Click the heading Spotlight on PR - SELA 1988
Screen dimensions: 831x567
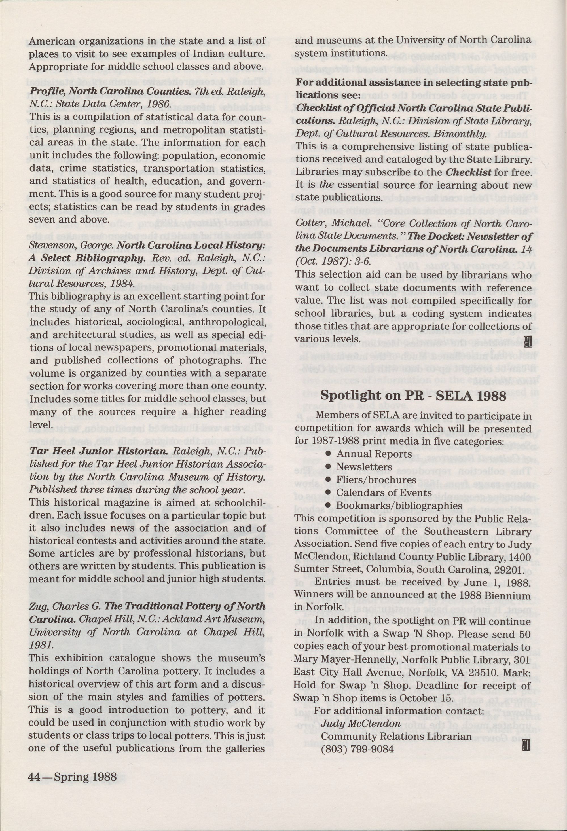[x=413, y=396]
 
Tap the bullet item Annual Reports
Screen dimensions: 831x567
[x=374, y=454]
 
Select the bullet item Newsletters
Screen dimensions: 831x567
[x=364, y=467]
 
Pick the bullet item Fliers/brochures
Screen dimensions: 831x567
[x=371, y=480]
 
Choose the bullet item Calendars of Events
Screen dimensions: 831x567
[x=384, y=493]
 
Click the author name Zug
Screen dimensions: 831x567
[x=37, y=606]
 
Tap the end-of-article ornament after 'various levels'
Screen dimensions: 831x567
[x=528, y=341]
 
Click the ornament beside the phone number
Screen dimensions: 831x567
[x=527, y=737]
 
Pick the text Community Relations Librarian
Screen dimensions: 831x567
[x=396, y=726]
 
